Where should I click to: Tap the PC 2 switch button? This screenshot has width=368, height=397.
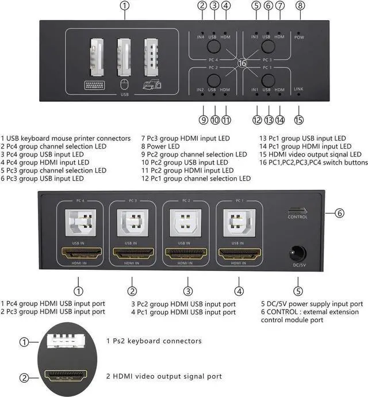pyautogui.click(x=214, y=79)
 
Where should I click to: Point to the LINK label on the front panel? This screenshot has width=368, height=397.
pyautogui.click(x=298, y=89)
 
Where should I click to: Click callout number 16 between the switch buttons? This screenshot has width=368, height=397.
pyautogui.click(x=241, y=63)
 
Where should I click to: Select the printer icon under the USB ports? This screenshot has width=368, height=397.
pyautogui.click(x=152, y=86)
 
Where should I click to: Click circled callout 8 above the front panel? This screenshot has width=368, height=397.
pyautogui.click(x=300, y=6)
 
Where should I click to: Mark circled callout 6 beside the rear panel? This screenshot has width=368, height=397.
pyautogui.click(x=340, y=213)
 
